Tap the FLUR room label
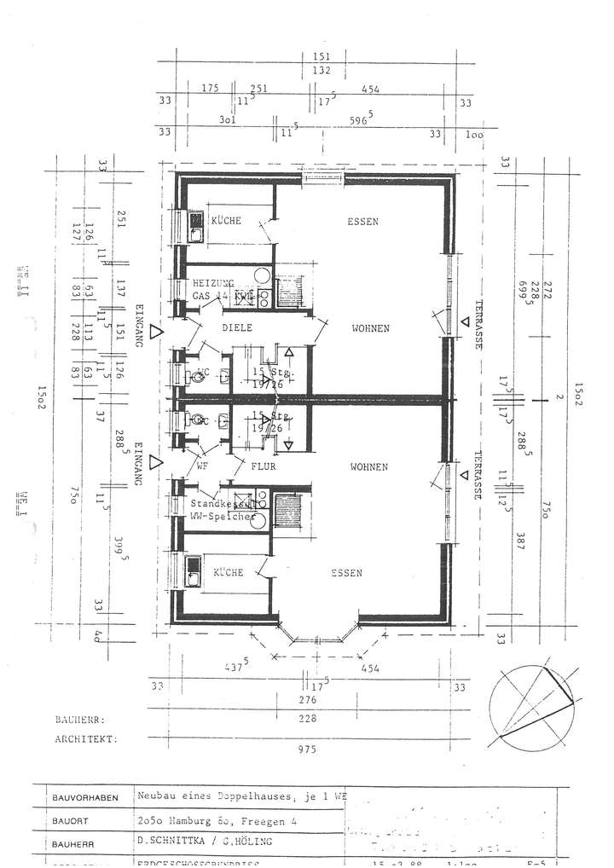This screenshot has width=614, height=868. [264, 467]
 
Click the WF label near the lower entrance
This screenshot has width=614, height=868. [202, 466]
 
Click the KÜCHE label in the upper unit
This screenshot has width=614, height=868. [227, 221]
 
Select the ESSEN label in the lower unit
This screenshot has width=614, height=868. [347, 573]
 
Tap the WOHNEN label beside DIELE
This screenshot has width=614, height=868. [368, 328]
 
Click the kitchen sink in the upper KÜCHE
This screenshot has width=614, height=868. [194, 227]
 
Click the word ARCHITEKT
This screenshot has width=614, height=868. [84, 740]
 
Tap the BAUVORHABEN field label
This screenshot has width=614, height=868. [84, 798]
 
